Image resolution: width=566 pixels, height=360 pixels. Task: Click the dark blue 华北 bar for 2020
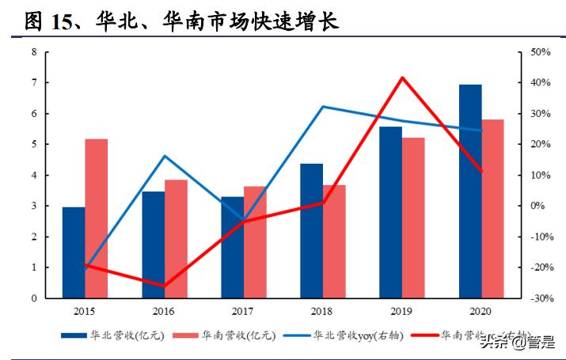coord(470,191)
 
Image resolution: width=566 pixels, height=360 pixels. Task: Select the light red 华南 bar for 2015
coord(97,218)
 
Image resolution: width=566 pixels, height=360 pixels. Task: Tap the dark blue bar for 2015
coord(74,252)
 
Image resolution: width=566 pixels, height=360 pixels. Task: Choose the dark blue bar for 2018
coord(311,231)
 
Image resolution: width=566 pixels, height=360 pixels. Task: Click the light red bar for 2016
coord(176,239)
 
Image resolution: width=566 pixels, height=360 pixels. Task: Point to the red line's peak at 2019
coord(402,78)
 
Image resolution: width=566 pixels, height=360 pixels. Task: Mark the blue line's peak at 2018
coord(323,106)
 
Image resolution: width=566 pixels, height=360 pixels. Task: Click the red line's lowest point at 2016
coord(165,286)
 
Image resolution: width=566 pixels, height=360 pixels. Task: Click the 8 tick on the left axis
coord(34,52)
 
